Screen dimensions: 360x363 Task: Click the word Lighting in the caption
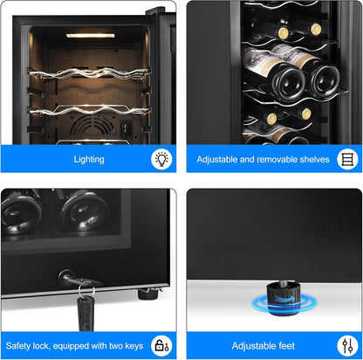[90, 160]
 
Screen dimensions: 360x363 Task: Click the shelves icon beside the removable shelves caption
[346, 159]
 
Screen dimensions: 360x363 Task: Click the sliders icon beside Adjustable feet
[346, 345]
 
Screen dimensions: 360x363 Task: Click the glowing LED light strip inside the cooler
[90, 36]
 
